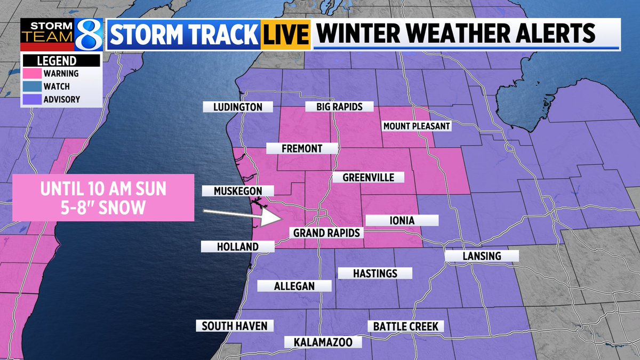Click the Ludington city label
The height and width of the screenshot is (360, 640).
click(237, 107)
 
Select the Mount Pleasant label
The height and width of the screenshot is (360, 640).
click(417, 126)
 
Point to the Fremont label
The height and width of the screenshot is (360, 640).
click(302, 148)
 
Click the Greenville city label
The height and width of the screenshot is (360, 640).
click(368, 177)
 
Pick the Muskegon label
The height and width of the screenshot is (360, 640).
click(238, 190)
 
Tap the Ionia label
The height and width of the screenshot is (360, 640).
click(402, 220)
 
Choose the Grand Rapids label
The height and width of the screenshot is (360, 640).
click(327, 233)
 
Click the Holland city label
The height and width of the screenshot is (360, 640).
click(238, 246)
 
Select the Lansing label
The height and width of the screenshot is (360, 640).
click(482, 256)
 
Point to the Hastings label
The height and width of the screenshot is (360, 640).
click(375, 273)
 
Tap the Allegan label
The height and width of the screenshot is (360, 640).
click(294, 286)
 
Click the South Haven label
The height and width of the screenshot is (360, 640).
click(235, 326)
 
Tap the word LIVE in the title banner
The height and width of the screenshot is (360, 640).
click(286, 35)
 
